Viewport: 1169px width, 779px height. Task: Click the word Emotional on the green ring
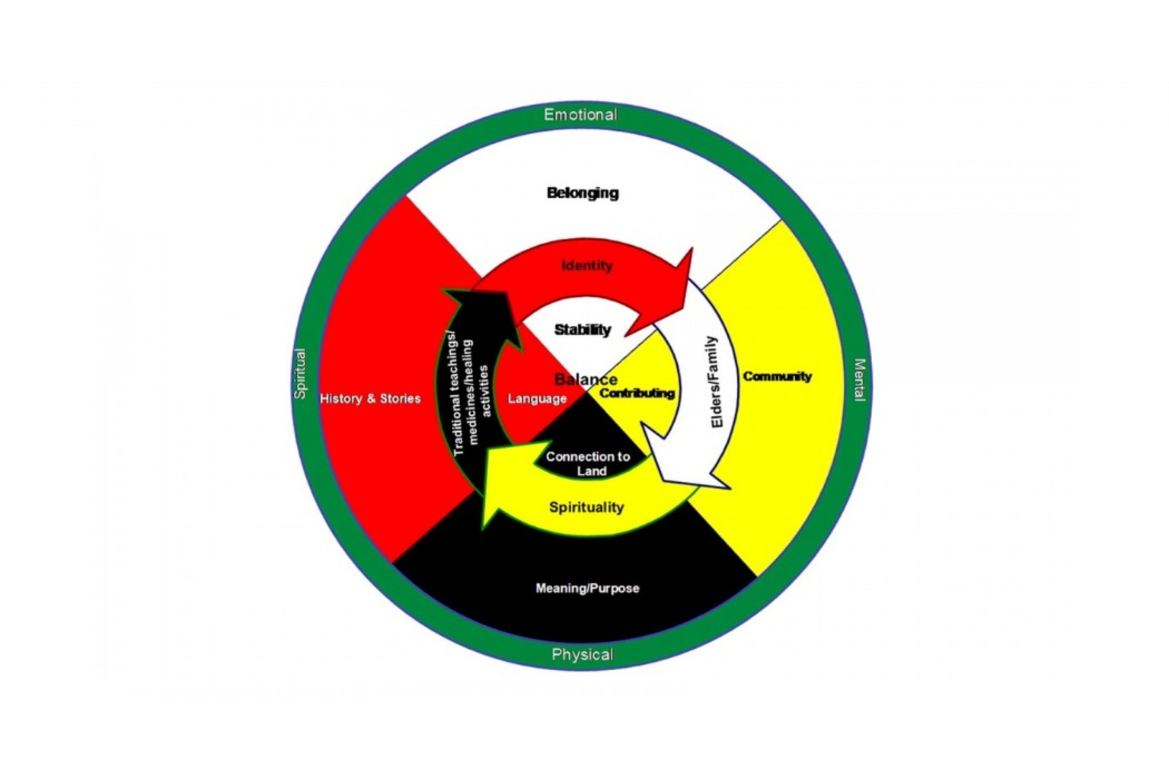tap(580, 115)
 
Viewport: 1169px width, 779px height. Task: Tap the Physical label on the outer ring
tap(583, 654)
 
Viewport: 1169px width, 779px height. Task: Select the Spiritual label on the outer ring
tap(300, 374)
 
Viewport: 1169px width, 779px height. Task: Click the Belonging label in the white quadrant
tap(583, 193)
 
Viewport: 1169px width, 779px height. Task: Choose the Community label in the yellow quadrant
tap(777, 376)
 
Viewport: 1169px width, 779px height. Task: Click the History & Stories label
tap(370, 398)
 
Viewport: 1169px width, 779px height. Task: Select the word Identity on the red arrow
tap(587, 266)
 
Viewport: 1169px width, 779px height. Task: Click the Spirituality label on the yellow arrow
tap(586, 507)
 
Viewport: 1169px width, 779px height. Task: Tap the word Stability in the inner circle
tap(583, 329)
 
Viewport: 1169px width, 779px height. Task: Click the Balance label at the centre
tap(585, 380)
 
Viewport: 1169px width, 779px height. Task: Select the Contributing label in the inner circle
tap(637, 393)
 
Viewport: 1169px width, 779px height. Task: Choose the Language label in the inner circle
tap(537, 398)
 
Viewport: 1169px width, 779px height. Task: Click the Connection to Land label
tap(588, 464)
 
